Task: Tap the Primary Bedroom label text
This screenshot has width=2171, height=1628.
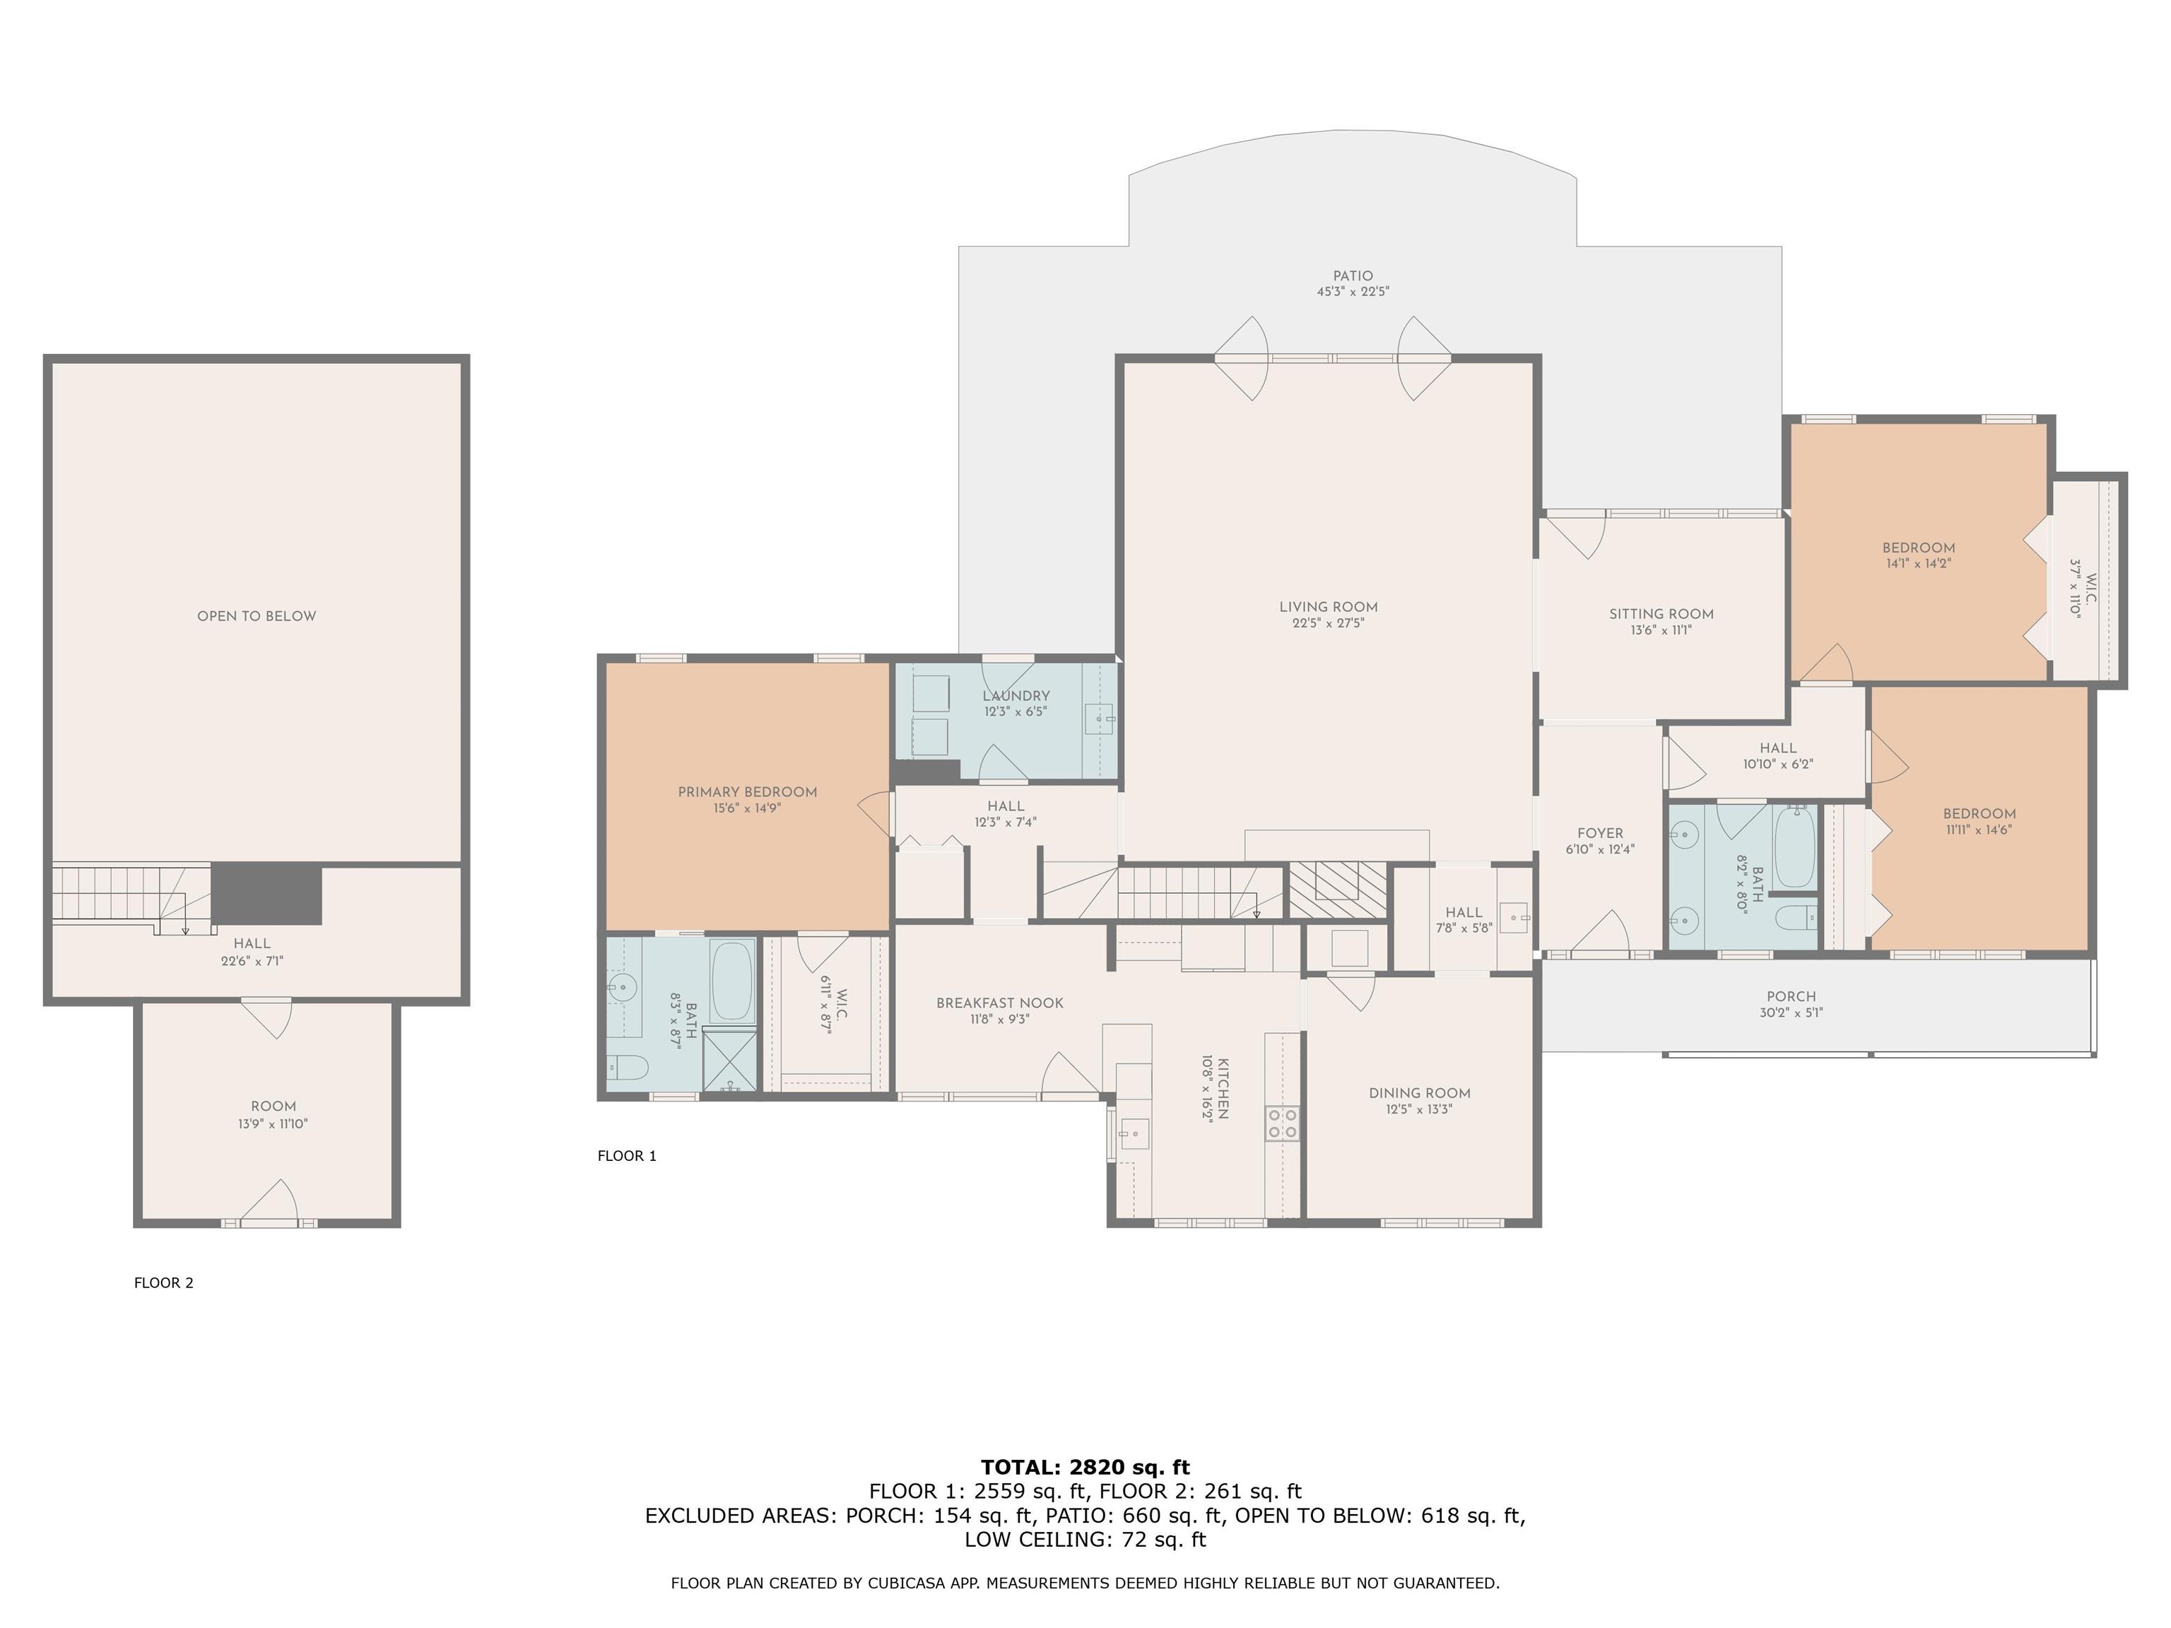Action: pyautogui.click(x=747, y=792)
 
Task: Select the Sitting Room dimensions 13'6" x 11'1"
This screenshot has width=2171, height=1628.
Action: pyautogui.click(x=1661, y=630)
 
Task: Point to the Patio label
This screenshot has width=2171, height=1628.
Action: pyautogui.click(x=1353, y=276)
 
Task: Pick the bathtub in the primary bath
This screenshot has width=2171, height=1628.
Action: pyautogui.click(x=732, y=981)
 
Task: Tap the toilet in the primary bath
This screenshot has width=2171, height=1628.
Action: pyautogui.click(x=626, y=1067)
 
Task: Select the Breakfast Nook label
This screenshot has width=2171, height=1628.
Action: pyautogui.click(x=999, y=1003)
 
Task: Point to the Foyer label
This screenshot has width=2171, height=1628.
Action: pyautogui.click(x=1600, y=833)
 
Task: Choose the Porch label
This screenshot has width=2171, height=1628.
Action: pyautogui.click(x=1791, y=996)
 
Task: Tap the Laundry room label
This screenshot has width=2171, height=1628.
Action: pyautogui.click(x=1016, y=696)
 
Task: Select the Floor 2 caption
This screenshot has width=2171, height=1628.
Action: pyautogui.click(x=164, y=1282)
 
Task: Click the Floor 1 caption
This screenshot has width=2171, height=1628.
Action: pyautogui.click(x=627, y=1156)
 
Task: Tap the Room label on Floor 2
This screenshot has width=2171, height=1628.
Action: pyautogui.click(x=273, y=1106)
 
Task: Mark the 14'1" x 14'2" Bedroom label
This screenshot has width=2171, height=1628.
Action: pyautogui.click(x=1918, y=555)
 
